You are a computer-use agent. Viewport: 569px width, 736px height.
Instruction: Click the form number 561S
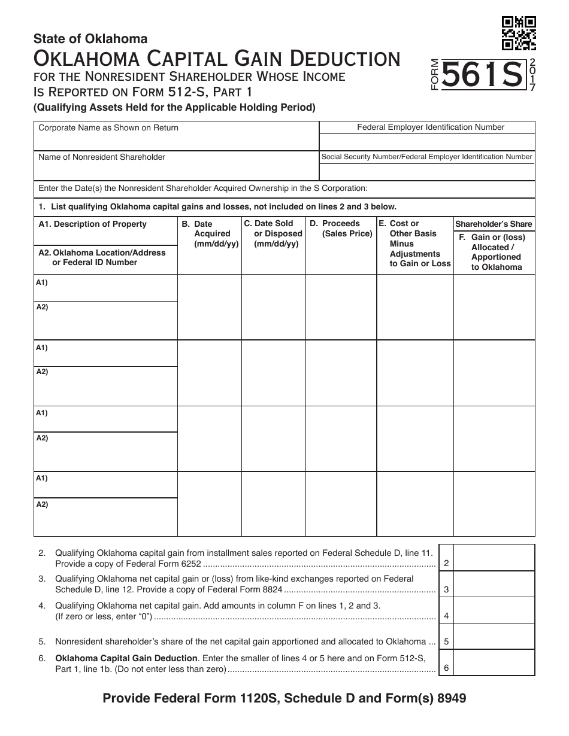click(x=481, y=76)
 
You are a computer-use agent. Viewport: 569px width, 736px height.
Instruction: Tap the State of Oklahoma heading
click(x=90, y=39)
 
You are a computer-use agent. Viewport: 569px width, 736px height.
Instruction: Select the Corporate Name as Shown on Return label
click(x=108, y=127)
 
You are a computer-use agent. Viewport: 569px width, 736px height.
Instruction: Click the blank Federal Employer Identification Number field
click(x=427, y=142)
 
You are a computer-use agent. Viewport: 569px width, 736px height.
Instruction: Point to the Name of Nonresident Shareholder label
click(x=102, y=157)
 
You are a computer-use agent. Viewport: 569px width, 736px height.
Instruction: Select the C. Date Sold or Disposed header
click(x=273, y=233)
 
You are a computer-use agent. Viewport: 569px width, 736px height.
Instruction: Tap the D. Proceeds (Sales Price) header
click(x=341, y=229)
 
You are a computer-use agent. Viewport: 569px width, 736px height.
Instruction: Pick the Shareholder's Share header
click(x=494, y=224)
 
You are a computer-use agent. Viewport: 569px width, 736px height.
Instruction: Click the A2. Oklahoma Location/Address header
click(x=102, y=257)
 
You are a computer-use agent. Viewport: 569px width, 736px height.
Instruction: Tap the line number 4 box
click(x=446, y=616)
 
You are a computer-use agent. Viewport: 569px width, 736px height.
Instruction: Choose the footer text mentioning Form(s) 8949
click(x=284, y=698)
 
